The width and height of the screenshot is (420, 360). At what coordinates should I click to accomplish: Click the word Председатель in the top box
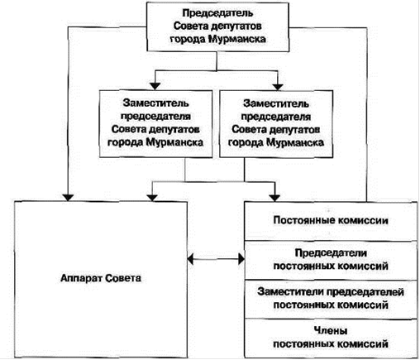click(x=217, y=13)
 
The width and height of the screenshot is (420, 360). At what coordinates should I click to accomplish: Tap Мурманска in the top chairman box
click(x=237, y=39)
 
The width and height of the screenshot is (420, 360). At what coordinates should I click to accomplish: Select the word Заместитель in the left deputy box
click(x=156, y=103)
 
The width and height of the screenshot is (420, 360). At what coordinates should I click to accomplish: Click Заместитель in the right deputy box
click(x=276, y=103)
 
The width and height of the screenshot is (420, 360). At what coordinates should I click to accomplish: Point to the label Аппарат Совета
click(x=101, y=278)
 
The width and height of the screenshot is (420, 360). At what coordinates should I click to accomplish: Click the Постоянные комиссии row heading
click(x=331, y=220)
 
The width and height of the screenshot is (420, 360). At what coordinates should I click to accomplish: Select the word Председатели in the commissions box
click(x=331, y=253)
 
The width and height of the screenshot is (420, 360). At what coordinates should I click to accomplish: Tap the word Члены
click(x=331, y=330)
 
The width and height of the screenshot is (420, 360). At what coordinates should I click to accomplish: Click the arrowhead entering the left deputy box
click(x=155, y=86)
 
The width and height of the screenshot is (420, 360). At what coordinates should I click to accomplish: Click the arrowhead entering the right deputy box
click(x=278, y=86)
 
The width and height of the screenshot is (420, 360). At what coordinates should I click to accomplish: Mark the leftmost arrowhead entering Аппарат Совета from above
click(x=68, y=198)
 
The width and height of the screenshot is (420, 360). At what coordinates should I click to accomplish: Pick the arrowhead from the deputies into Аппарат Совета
click(x=152, y=198)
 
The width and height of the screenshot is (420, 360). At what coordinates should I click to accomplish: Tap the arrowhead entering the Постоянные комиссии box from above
click(x=274, y=198)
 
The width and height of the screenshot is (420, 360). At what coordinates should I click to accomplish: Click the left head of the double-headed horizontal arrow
click(x=191, y=259)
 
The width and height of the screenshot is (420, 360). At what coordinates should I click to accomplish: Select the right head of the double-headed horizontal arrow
click(x=241, y=259)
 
